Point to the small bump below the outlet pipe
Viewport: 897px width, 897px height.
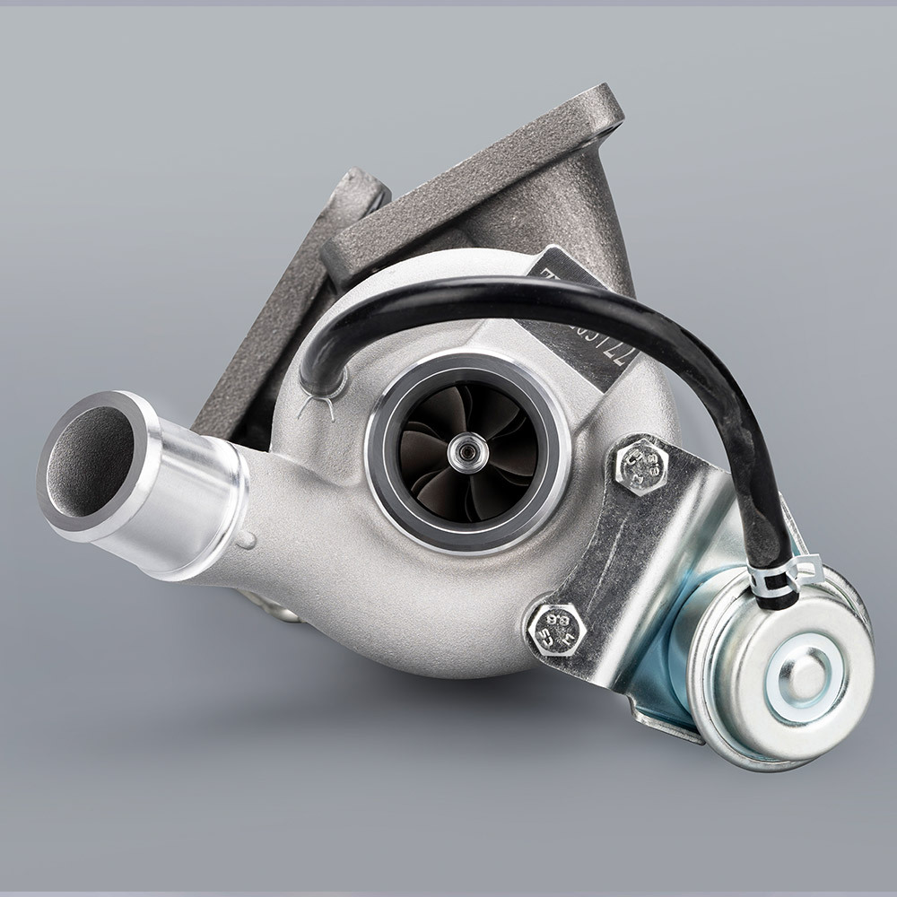coord(244,540)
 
